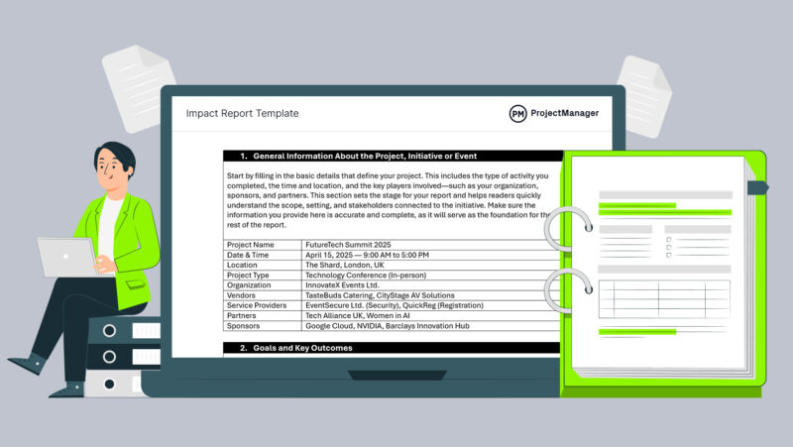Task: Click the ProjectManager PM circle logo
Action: tap(518, 114)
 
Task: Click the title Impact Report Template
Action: tap(242, 114)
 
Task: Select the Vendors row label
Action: tap(244, 296)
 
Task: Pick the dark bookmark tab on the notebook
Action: tap(756, 186)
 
